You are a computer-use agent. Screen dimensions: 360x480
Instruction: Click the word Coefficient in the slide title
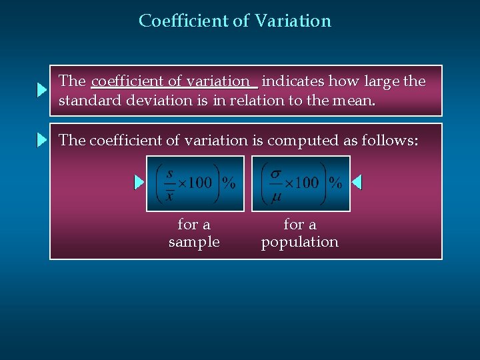183,21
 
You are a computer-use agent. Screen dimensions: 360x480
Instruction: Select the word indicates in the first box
295,81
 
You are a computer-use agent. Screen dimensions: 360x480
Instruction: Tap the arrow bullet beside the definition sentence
41,91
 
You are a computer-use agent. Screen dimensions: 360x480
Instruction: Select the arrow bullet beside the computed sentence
42,140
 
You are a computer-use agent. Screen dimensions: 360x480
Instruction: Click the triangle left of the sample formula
139,182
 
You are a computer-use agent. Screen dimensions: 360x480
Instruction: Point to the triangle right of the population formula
357,182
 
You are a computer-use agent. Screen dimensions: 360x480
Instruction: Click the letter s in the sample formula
170,174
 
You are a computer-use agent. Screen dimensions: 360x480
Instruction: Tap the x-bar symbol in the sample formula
170,195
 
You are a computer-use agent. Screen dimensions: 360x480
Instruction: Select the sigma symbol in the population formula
275,173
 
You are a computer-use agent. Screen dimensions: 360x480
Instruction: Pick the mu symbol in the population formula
275,195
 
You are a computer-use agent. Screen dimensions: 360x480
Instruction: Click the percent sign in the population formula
335,183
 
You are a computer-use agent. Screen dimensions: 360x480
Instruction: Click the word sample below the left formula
194,242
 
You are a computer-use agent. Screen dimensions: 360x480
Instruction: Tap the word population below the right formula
299,242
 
